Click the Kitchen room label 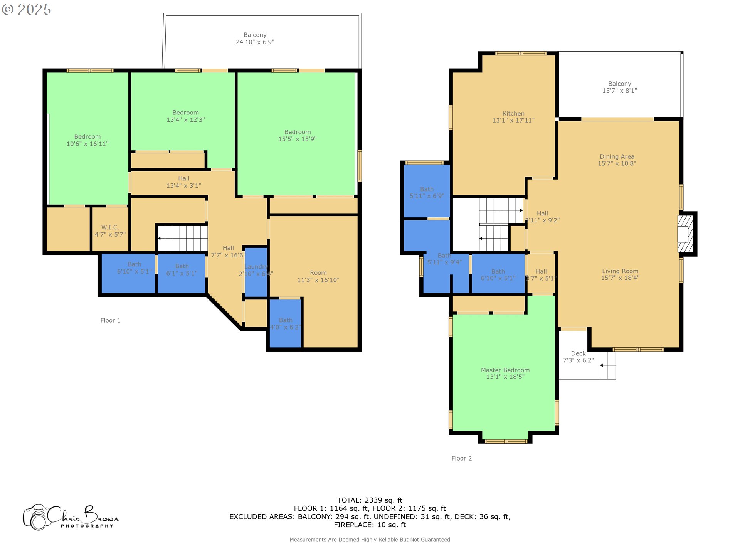coord(513,117)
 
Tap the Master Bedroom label coord(505,373)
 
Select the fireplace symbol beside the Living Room coord(686,234)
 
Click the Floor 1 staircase coord(183,238)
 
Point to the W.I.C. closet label coord(110,230)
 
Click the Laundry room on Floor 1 coord(256,270)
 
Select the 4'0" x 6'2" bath coord(285,324)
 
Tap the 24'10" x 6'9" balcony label coord(255,39)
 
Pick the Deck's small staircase coord(608,365)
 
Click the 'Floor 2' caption coord(461,458)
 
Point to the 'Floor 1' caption coord(110,320)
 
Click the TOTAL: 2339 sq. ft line coord(370,500)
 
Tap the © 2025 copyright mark coord(27,10)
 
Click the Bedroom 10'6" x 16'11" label coord(87,140)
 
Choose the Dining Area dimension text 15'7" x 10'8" coord(617,163)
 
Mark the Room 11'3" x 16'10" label coord(318,276)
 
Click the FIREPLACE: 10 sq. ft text coord(370,525)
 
